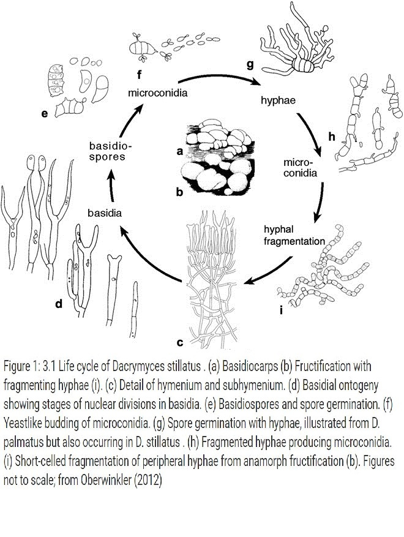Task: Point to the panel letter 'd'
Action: tap(59, 303)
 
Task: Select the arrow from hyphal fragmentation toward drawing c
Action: tap(269, 270)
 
